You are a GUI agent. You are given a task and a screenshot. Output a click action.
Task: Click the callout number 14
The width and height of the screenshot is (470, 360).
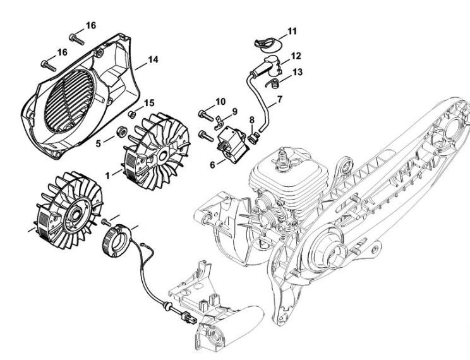pyautogui.click(x=153, y=59)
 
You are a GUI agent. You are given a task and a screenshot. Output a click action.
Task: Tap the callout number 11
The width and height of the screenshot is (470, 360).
pyautogui.click(x=292, y=31)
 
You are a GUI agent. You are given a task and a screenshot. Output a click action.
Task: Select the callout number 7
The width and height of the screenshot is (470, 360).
pyautogui.click(x=280, y=99)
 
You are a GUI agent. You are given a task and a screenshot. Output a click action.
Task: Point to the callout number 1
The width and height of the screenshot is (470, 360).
pyautogui.click(x=108, y=175)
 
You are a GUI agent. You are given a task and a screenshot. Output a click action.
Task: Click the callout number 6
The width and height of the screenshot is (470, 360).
pyautogui.click(x=212, y=165)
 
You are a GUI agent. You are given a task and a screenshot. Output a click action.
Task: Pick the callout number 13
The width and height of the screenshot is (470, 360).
pyautogui.click(x=298, y=72)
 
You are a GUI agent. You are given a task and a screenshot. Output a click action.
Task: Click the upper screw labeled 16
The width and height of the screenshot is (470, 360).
pyautogui.click(x=76, y=39)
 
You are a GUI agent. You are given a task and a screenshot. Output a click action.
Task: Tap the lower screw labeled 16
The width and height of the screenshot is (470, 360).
pyautogui.click(x=48, y=66)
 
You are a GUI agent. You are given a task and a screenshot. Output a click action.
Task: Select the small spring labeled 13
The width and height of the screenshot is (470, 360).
pyautogui.click(x=274, y=83)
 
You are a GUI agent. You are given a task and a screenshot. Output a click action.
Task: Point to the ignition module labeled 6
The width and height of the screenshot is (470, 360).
pyautogui.click(x=232, y=143)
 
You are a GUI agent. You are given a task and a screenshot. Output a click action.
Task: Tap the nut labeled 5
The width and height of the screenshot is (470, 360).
pyautogui.click(x=122, y=131)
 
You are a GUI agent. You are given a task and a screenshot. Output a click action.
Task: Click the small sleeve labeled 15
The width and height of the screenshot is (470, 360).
pyautogui.click(x=131, y=114)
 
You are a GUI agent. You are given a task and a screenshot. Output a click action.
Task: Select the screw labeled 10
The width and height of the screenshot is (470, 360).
pyautogui.click(x=206, y=114)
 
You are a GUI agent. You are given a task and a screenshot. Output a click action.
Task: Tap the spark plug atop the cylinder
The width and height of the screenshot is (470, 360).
pyautogui.click(x=282, y=159)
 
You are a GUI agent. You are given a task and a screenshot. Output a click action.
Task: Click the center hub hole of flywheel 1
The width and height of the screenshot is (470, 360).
pyautogui.click(x=163, y=156)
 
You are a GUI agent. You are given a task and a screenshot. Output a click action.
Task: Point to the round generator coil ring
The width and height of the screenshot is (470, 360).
pyautogui.click(x=117, y=241)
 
